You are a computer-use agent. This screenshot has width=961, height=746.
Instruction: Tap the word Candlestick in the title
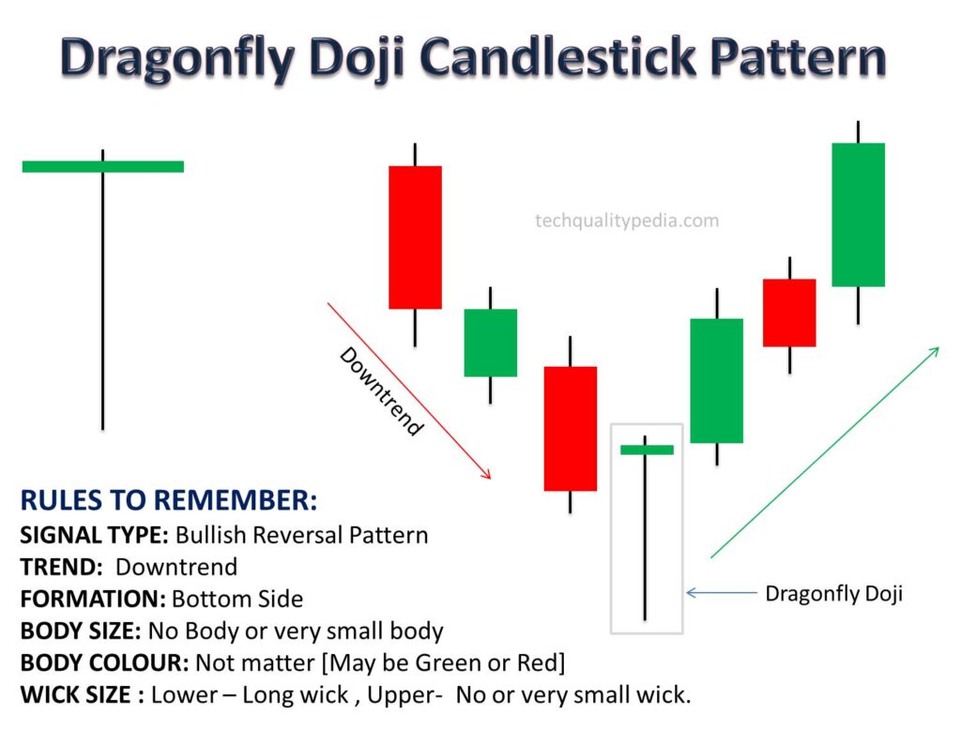(558, 57)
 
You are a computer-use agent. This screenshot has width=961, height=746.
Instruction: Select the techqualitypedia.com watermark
(627, 221)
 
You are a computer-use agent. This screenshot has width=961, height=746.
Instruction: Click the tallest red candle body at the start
(415, 237)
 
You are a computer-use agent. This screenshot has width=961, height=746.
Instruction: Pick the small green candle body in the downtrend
(490, 343)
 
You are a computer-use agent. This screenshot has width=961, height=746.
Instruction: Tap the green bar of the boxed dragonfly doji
(647, 449)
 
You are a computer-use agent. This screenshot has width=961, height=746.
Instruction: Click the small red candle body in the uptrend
(789, 312)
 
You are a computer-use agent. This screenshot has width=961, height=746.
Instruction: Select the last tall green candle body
(858, 215)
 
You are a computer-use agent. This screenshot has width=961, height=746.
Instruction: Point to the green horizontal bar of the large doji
(103, 166)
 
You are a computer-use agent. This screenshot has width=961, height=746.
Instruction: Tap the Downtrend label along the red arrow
(381, 391)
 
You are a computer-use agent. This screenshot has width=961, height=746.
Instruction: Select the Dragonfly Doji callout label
(833, 593)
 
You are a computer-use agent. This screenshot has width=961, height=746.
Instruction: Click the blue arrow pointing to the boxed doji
(722, 593)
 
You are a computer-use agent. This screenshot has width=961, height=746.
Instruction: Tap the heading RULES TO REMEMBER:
(169, 500)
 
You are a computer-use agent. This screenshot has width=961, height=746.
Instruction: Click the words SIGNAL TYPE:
(94, 535)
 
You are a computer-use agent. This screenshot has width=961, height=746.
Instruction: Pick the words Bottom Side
(237, 599)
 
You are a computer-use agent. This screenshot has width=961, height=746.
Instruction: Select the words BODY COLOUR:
(104, 662)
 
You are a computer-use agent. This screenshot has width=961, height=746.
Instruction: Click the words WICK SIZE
(75, 695)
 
